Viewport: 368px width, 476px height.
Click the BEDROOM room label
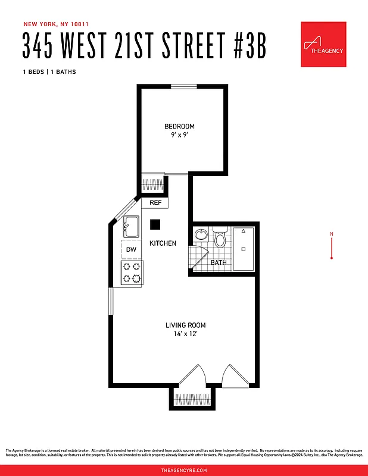pos(179,126)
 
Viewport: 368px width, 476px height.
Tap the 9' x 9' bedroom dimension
pos(179,134)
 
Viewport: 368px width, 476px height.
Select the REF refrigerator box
pos(155,203)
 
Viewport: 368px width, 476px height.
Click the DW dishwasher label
pos(131,250)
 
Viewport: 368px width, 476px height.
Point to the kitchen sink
pos(130,226)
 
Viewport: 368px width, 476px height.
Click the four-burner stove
pos(132,273)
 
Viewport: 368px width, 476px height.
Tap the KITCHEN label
pos(163,243)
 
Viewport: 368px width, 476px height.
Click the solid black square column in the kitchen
pos(155,224)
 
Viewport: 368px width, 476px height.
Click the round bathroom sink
pos(201,234)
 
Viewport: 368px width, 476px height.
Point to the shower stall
pos(244,249)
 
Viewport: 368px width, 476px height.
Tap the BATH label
pos(219,262)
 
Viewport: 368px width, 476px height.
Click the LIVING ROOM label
pos(185,325)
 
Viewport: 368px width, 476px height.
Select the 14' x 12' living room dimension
pos(185,334)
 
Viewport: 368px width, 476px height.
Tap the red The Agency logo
pos(323,45)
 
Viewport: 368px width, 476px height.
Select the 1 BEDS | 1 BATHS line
pos(49,72)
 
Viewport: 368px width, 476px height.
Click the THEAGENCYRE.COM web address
pos(184,470)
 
